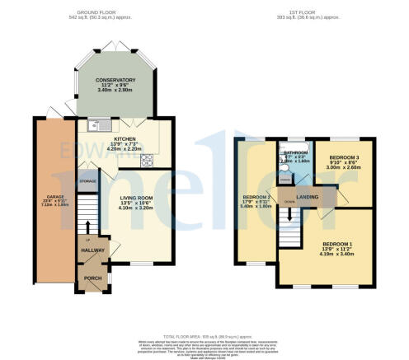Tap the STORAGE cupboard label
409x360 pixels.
click(87, 180)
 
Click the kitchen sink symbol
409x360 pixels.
click(94, 127)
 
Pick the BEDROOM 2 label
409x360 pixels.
click(256, 197)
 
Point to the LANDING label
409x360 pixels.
click(308, 197)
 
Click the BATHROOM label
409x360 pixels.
click(294, 152)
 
